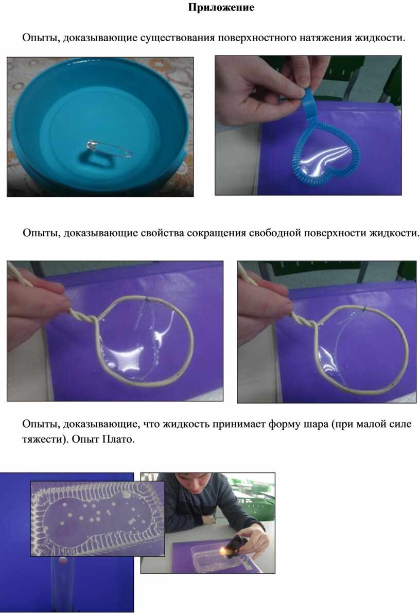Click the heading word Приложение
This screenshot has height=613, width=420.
[x=221, y=7]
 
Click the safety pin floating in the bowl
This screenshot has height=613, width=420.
[x=109, y=148]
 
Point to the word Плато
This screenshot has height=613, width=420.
[x=118, y=439]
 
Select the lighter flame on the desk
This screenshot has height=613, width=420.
[x=223, y=551]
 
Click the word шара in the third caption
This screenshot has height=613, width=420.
[x=316, y=424]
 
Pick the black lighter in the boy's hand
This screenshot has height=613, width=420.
[x=236, y=544]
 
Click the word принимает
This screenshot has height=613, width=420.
[x=239, y=424]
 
